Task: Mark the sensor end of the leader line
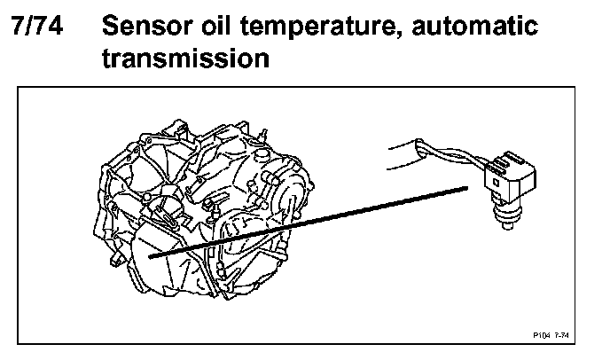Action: tap(467, 187)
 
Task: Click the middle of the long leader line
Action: tap(310, 223)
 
